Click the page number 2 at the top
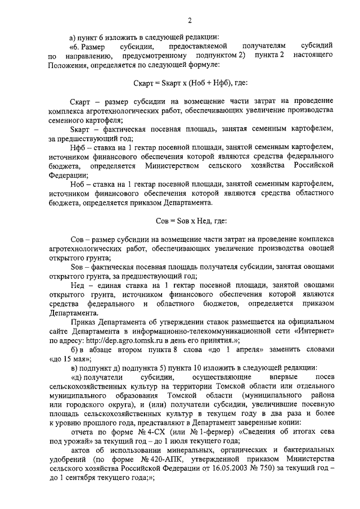click(190, 21)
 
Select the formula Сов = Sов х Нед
click(191, 221)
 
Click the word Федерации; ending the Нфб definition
click(66, 174)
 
